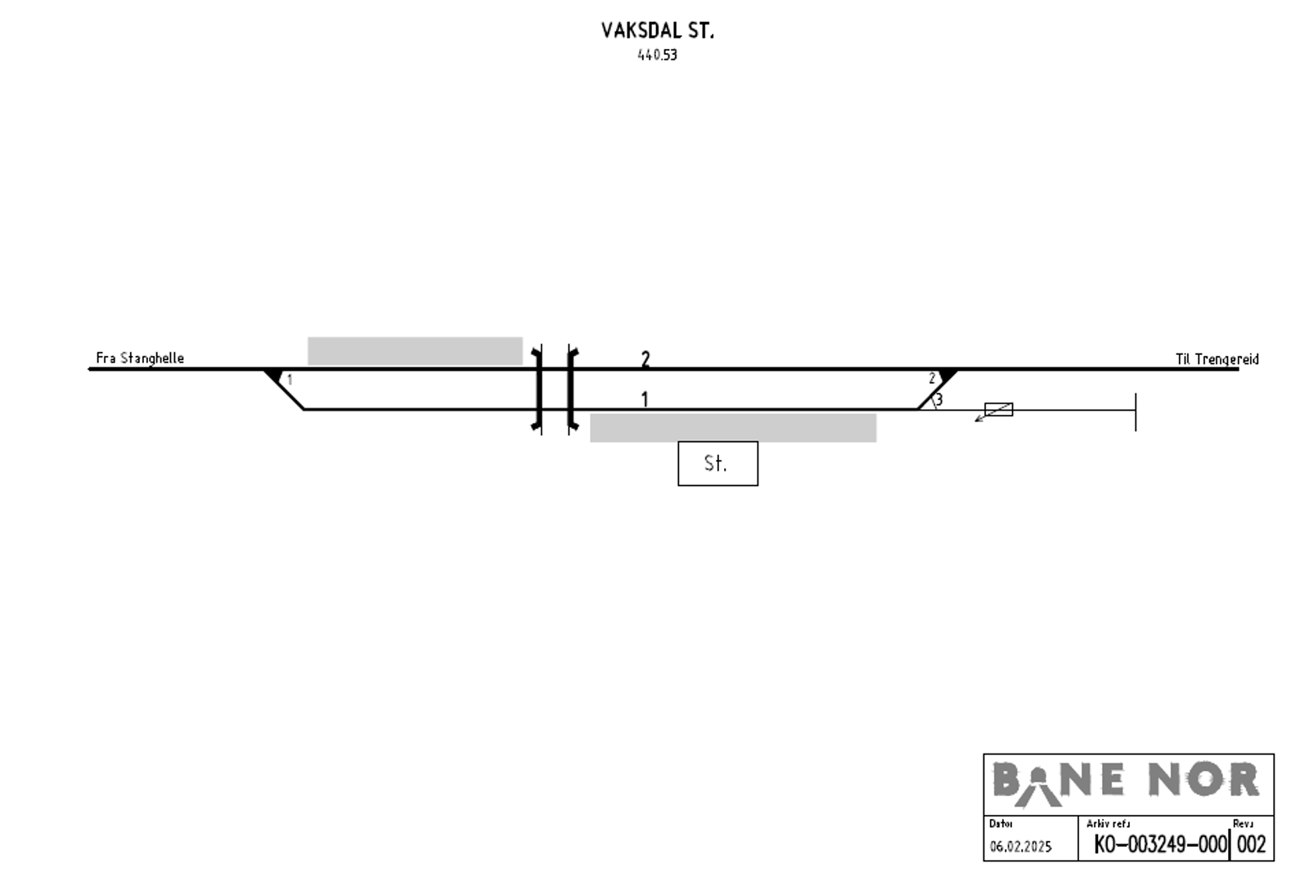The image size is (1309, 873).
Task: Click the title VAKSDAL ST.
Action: tap(658, 31)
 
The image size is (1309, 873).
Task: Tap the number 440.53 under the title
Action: tap(658, 55)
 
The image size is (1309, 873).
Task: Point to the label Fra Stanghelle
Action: tap(140, 358)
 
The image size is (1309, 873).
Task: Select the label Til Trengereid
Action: tap(1217, 359)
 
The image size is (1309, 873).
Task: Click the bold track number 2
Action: tap(646, 359)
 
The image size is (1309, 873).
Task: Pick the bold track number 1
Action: tap(645, 400)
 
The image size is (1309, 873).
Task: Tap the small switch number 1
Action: tap(290, 380)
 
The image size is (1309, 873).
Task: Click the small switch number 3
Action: tap(939, 400)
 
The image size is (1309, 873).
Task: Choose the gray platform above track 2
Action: tap(415, 351)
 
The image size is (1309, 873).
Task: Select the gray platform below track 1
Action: tap(733, 428)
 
